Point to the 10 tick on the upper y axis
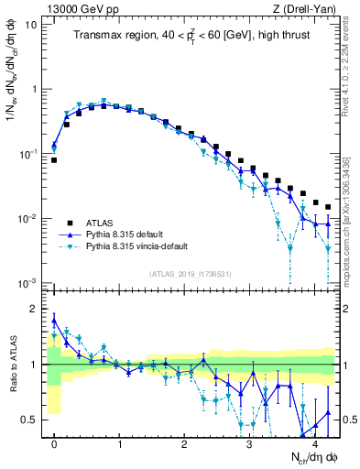[x=31, y=24]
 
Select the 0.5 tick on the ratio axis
[x=29, y=420]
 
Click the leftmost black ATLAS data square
[x=54, y=160]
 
